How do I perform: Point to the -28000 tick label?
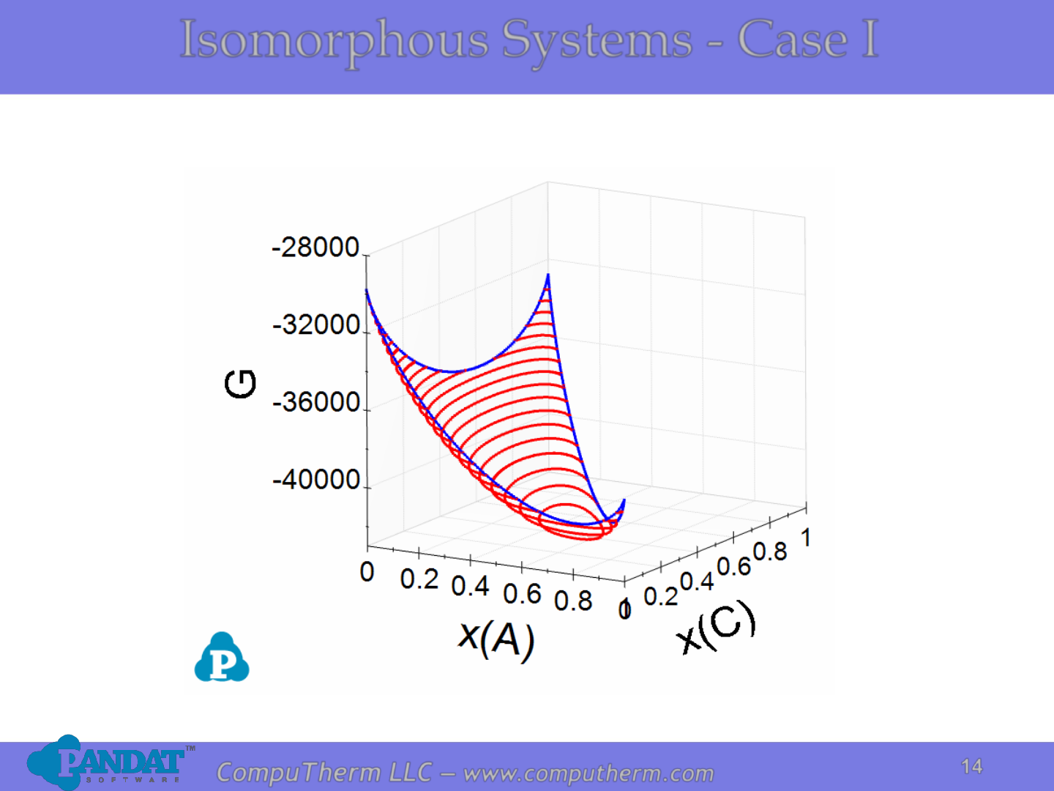(315, 248)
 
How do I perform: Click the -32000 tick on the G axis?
(316, 325)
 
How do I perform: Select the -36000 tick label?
(316, 402)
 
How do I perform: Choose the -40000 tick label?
(316, 479)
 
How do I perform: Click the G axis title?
(240, 384)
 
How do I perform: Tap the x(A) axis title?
(496, 640)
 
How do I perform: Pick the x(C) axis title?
(716, 628)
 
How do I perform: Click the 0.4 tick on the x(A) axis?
(470, 587)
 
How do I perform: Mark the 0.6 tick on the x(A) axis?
(522, 594)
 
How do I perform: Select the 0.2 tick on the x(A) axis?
(419, 579)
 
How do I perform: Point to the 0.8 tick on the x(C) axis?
(770, 552)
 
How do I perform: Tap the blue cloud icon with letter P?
(221, 657)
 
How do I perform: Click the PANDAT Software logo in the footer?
(111, 762)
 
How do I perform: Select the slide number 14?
(971, 767)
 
